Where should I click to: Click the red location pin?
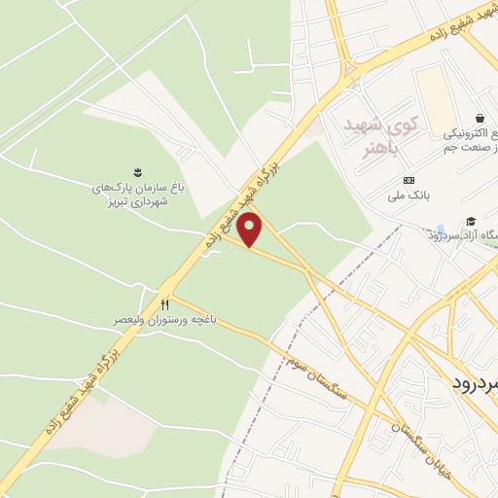[x=250, y=230]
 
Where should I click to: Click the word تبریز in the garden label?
[x=108, y=202]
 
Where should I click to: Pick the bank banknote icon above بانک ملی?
[x=408, y=181]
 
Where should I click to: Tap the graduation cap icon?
[x=471, y=222]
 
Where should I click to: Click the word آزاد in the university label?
[x=449, y=235]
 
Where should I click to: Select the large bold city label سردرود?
[x=476, y=381]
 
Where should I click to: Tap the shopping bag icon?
[x=480, y=117]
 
